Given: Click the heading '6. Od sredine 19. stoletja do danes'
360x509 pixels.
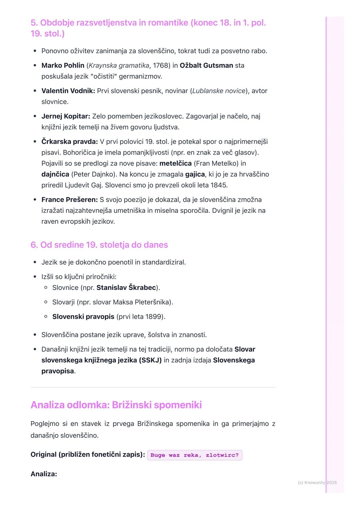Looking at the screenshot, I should (99, 245).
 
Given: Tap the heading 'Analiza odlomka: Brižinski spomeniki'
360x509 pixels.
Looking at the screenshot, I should (116, 405).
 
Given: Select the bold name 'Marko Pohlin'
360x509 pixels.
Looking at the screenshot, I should (63, 65).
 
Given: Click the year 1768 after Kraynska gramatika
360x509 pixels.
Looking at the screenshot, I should (160, 65).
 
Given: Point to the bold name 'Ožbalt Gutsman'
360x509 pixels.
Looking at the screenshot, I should (206, 65).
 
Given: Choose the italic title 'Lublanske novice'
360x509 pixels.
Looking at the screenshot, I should (219, 91).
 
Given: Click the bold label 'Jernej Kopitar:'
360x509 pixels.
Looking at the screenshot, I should (66, 116).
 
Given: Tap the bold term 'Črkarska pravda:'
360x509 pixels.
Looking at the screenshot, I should (69, 142).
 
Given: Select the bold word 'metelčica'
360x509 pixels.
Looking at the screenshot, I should (175, 163).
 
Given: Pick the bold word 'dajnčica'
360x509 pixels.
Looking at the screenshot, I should (55, 174).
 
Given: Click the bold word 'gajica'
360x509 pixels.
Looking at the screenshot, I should (195, 174).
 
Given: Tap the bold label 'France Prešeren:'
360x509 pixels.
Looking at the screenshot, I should (69, 200).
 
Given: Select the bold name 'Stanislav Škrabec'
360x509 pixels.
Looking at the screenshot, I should (126, 287).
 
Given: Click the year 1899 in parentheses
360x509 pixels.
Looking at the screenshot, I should (154, 316).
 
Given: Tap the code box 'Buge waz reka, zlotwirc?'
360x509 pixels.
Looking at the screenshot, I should (195, 455).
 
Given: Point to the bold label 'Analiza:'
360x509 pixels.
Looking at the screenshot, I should (44, 474).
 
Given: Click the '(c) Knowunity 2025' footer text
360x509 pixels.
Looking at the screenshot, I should (317, 482).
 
